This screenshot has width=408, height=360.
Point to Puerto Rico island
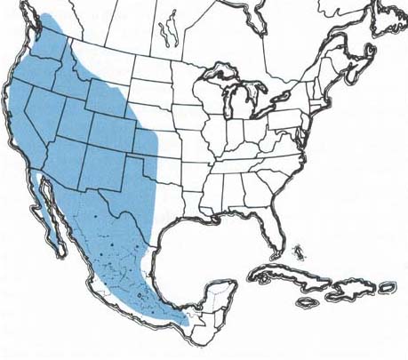point(388,288)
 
